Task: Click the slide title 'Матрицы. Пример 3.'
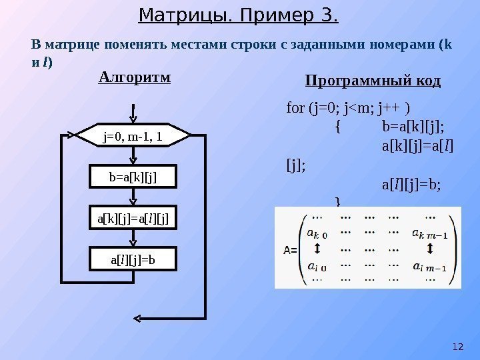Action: (239, 14)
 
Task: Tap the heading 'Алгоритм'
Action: (134, 77)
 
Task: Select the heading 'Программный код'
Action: (373, 81)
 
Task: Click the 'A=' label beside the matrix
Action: (290, 250)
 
